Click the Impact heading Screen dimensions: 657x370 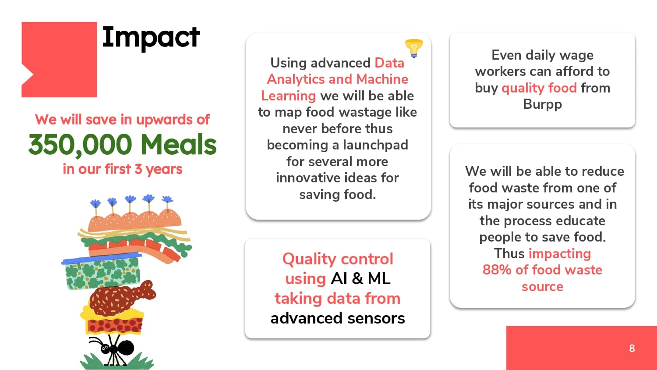(151, 38)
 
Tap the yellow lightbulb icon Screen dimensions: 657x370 (414, 48)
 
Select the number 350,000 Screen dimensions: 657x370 (80, 145)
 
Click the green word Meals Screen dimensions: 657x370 (178, 144)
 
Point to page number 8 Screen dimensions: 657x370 (632, 348)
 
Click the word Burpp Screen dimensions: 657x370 (542, 104)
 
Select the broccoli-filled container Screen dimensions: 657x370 (102, 272)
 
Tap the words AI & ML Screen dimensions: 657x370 (360, 278)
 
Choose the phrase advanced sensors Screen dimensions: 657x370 (338, 318)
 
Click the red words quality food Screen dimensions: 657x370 (539, 88)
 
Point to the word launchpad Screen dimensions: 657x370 (375, 145)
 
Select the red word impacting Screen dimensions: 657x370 (560, 254)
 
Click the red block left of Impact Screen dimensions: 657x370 (59, 60)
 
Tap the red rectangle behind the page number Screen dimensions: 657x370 (581, 348)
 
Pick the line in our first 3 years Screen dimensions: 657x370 (122, 169)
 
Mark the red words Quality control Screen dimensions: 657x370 (338, 259)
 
